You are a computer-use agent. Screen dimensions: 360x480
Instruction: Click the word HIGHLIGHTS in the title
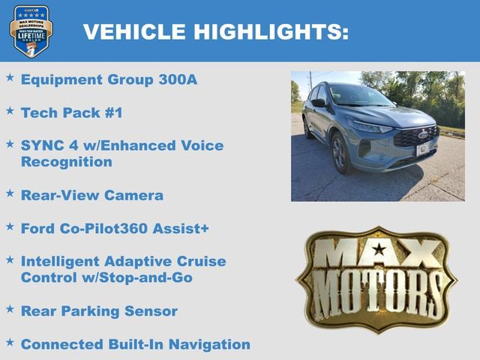click(x=271, y=31)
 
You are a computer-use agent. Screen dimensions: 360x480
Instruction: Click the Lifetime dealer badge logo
click(x=31, y=31)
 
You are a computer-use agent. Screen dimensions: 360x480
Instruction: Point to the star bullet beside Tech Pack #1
click(x=10, y=111)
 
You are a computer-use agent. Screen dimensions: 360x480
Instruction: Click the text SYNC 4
click(x=49, y=145)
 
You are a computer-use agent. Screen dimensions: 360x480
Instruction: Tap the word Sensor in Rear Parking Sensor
click(x=151, y=310)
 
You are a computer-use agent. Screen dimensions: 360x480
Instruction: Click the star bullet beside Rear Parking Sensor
click(x=10, y=308)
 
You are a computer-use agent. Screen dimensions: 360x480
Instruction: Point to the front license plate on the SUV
click(x=423, y=148)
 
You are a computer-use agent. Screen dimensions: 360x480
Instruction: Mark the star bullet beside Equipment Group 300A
click(x=10, y=77)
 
